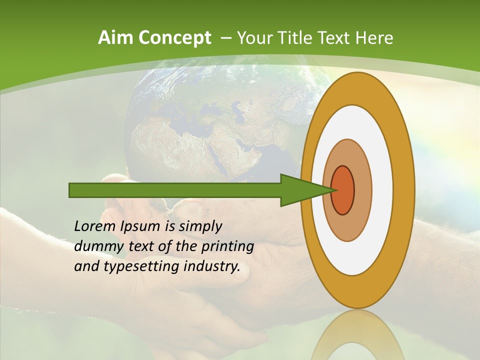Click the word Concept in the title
click(x=175, y=38)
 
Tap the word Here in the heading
click(x=374, y=38)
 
